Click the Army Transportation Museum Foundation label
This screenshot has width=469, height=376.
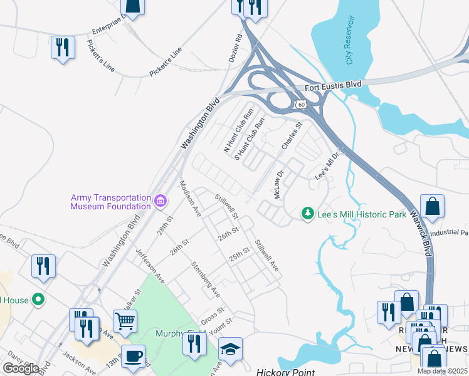tap(110, 201)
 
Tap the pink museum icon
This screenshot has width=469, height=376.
tap(161, 201)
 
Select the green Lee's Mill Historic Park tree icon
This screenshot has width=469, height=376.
tap(308, 214)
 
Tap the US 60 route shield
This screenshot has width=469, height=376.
tap(301, 103)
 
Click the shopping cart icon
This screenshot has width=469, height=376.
tap(125, 321)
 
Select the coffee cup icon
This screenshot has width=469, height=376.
tap(132, 355)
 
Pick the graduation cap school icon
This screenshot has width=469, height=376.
tap(230, 350)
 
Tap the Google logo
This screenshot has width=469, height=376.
tap(21, 368)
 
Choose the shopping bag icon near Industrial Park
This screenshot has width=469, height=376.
tap(433, 206)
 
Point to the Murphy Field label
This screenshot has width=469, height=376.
tap(169, 333)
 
